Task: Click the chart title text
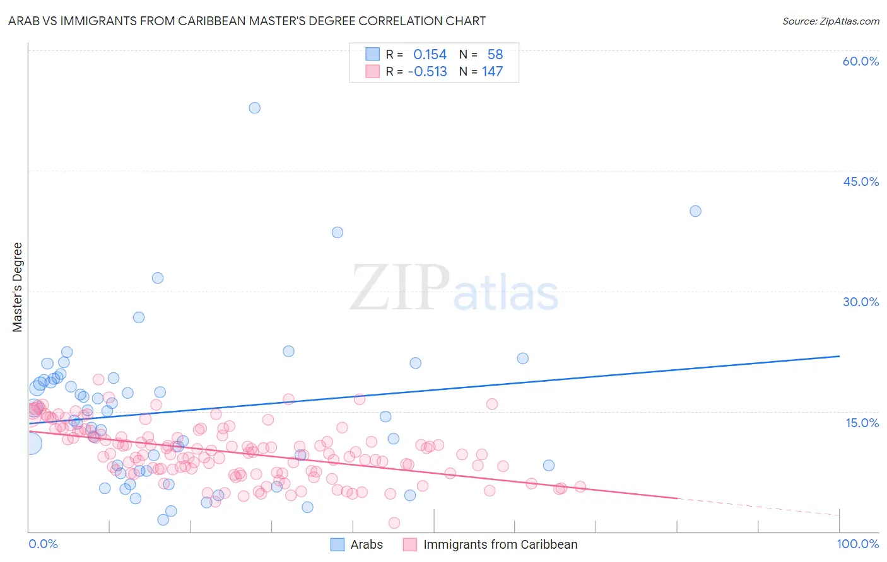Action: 247,21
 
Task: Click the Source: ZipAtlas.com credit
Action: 830,21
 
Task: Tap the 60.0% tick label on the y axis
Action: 861,61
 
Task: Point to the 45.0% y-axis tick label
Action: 861,181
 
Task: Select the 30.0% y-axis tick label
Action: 861,302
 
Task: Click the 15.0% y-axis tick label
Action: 862,423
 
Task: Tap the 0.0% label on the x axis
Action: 43,544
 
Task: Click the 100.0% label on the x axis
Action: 858,544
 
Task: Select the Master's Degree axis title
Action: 18,287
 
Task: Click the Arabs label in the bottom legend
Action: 367,544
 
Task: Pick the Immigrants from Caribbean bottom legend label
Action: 500,544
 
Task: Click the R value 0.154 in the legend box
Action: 430,55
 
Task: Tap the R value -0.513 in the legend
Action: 427,72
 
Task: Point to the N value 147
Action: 492,72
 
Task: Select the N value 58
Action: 495,55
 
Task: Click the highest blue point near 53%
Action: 254,108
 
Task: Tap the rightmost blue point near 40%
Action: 695,211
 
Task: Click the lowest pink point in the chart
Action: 394,523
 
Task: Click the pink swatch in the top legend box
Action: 373,72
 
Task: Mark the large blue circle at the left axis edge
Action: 30,444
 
